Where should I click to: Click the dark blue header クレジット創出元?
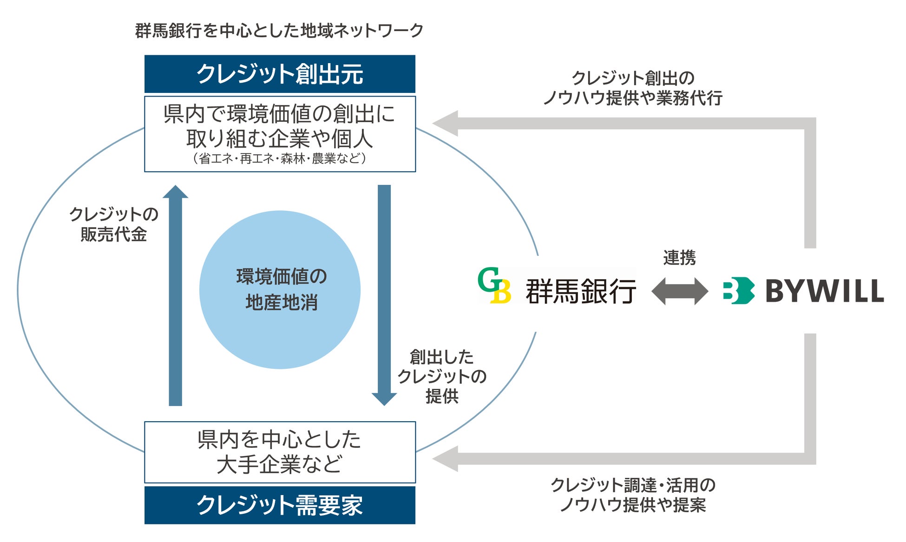(280, 74)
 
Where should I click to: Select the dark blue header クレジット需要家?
(280, 505)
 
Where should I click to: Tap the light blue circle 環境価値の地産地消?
(280, 290)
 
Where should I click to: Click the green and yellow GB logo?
(494, 286)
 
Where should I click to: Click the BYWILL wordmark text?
(824, 291)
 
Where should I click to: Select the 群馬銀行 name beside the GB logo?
(581, 291)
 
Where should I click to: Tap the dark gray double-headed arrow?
(680, 291)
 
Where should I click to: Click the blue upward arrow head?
(175, 192)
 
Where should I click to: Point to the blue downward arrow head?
(384, 399)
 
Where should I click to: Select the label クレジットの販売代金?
(114, 224)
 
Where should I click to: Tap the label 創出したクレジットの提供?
(442, 376)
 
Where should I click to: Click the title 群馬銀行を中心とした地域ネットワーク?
(279, 31)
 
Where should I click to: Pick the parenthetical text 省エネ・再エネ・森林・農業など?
(280, 158)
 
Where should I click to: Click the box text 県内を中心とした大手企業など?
(280, 452)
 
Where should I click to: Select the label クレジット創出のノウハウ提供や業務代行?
(633, 88)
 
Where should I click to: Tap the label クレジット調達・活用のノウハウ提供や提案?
(633, 495)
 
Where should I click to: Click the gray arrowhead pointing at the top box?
(446, 124)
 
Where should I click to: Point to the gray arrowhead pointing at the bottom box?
(446, 459)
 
